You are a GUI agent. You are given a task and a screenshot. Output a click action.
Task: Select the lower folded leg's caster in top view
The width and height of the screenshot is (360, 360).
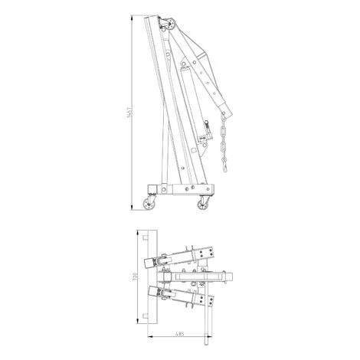click(162, 293)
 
